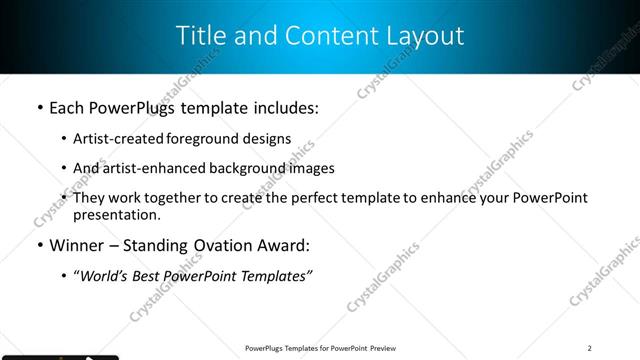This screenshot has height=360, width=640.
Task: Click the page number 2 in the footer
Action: (x=590, y=348)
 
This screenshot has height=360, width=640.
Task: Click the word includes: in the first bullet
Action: (x=284, y=108)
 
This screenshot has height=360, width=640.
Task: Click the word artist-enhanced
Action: (x=150, y=169)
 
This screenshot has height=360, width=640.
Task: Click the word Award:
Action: (x=286, y=246)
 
